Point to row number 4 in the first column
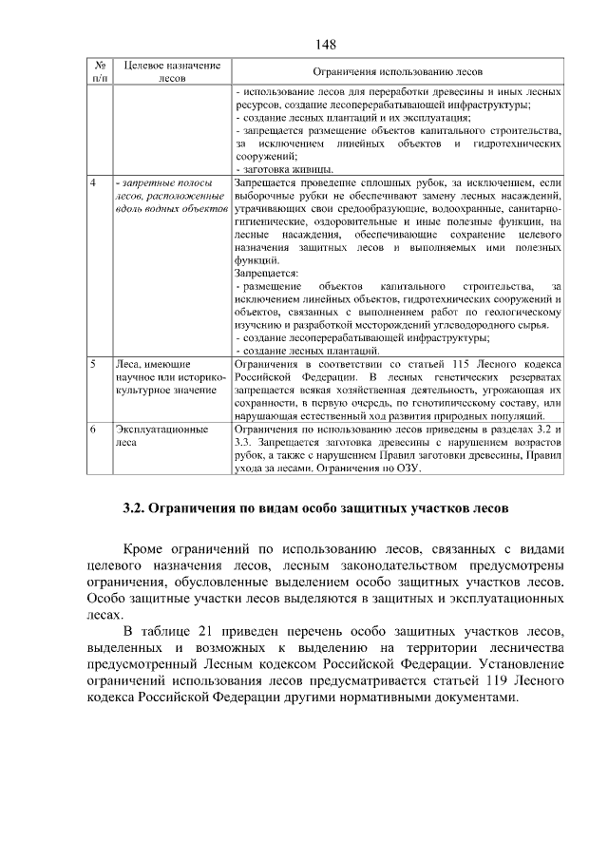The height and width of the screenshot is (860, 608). pyautogui.click(x=93, y=181)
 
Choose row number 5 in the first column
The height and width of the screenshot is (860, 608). pyautogui.click(x=93, y=364)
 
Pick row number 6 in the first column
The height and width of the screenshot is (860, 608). pyautogui.click(x=93, y=430)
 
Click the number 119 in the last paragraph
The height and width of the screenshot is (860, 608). pyautogui.click(x=480, y=680)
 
